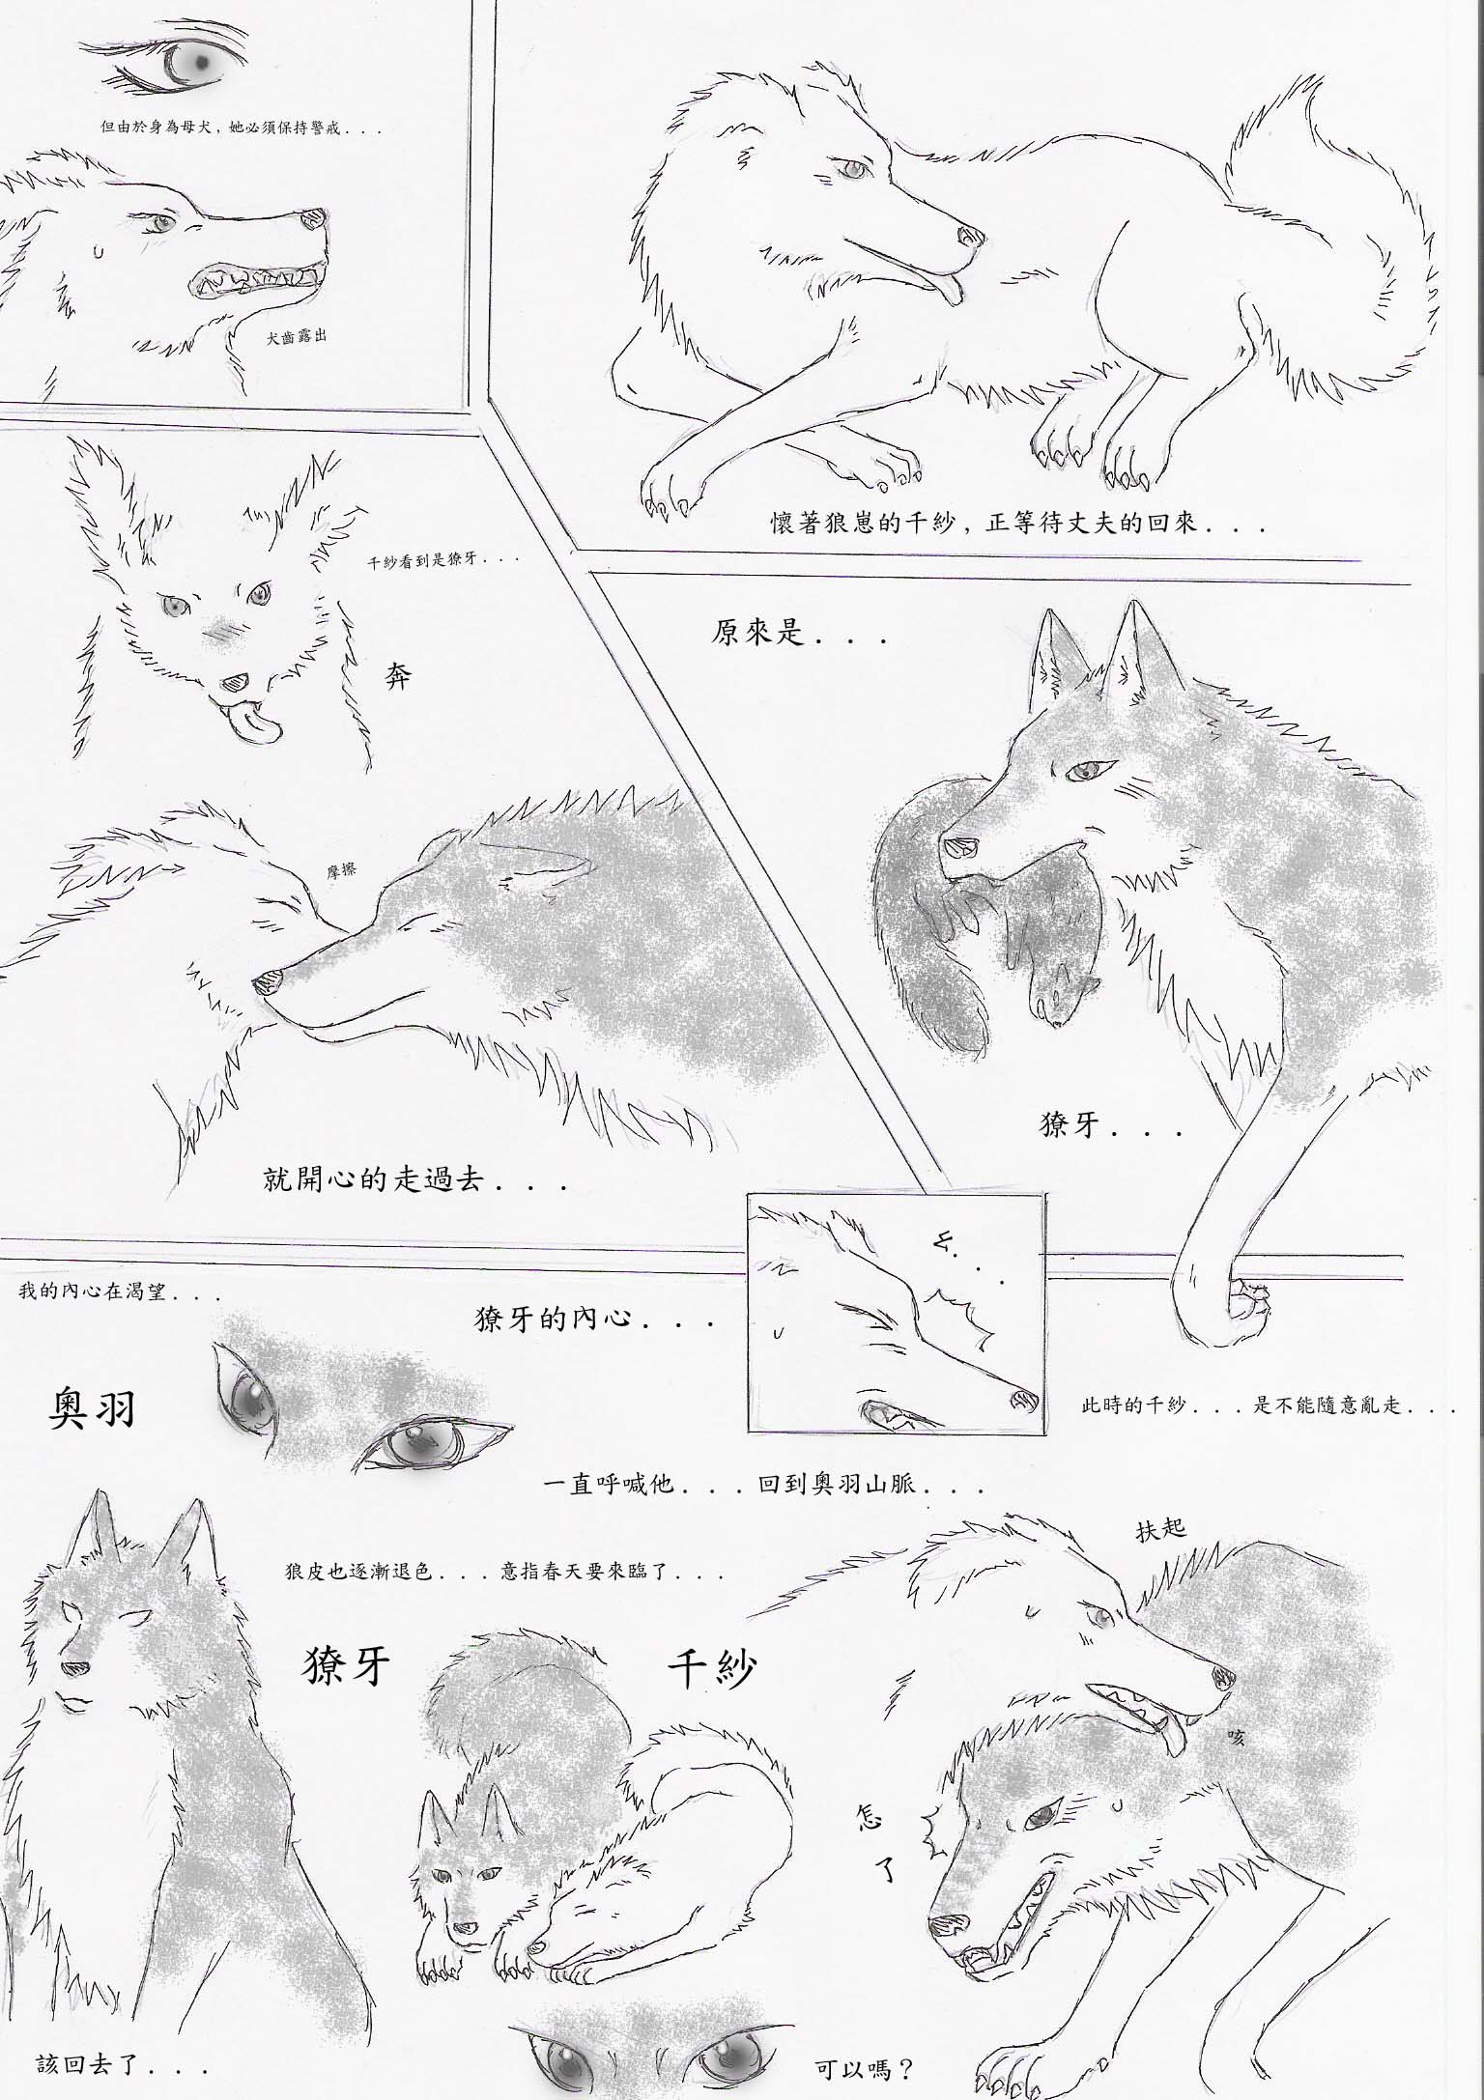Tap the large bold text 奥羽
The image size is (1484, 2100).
pyautogui.click(x=93, y=1409)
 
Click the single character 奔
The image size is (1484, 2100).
pyautogui.click(x=397, y=674)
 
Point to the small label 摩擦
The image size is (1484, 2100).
pyautogui.click(x=342, y=869)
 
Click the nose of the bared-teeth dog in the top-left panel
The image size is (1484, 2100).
pyautogui.click(x=311, y=220)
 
